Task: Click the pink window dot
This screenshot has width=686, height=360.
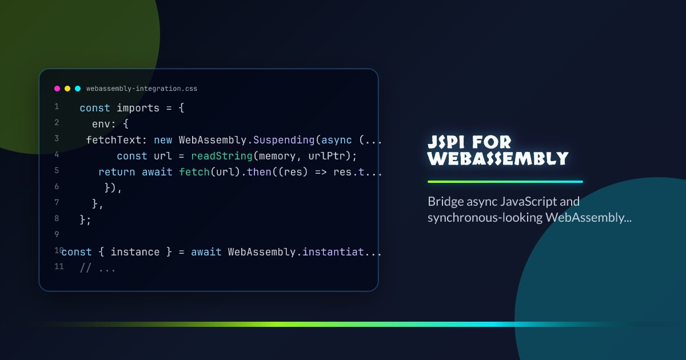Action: [57, 89]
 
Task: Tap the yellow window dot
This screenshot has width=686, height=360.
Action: [67, 89]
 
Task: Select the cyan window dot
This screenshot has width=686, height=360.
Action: [78, 89]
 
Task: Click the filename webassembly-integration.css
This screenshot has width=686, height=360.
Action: [142, 89]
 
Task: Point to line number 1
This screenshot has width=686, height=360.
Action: [57, 107]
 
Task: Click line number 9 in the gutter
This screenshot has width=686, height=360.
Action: [57, 234]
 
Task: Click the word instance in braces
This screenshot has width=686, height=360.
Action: [135, 252]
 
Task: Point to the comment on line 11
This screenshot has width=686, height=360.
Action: [98, 268]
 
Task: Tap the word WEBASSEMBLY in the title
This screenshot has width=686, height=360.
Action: [498, 158]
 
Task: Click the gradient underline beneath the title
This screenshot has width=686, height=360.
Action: [505, 182]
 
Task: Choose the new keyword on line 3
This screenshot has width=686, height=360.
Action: [163, 140]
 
